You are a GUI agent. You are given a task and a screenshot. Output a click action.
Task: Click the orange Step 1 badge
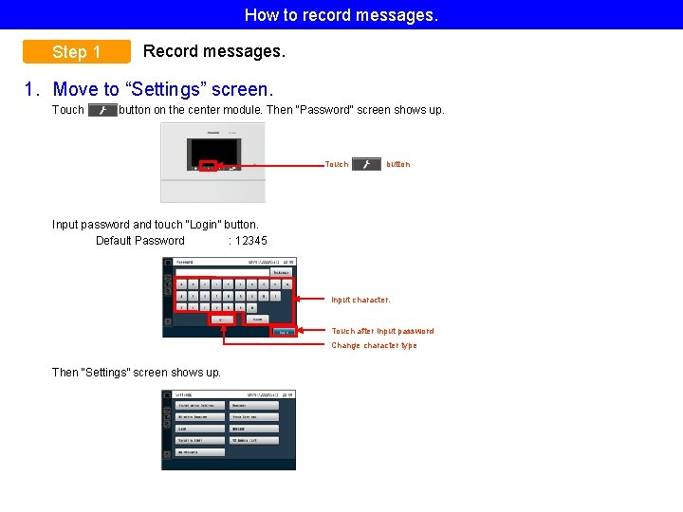tap(77, 52)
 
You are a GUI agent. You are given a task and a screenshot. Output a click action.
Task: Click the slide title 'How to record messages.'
tap(341, 14)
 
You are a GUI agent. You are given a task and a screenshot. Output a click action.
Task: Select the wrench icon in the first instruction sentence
tap(102, 110)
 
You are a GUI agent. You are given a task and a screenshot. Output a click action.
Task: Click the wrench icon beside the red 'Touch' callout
tap(366, 164)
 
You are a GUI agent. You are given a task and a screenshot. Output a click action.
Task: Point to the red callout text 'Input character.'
tap(360, 300)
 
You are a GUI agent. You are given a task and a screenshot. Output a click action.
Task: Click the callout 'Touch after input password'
tap(382, 331)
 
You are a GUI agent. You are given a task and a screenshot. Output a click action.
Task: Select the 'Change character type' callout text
tap(374, 345)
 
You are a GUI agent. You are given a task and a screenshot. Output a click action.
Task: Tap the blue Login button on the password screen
tap(284, 332)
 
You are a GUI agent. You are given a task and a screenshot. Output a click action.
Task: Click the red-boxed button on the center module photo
tap(208, 166)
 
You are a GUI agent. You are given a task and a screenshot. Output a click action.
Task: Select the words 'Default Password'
tap(140, 241)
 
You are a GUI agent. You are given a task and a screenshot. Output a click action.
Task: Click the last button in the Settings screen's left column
tap(199, 452)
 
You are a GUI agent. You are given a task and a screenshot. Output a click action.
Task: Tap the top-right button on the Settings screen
tap(254, 405)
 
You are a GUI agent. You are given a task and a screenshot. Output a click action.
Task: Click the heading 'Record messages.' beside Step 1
tap(213, 51)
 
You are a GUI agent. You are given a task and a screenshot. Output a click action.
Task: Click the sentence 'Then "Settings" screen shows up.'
tap(137, 373)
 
